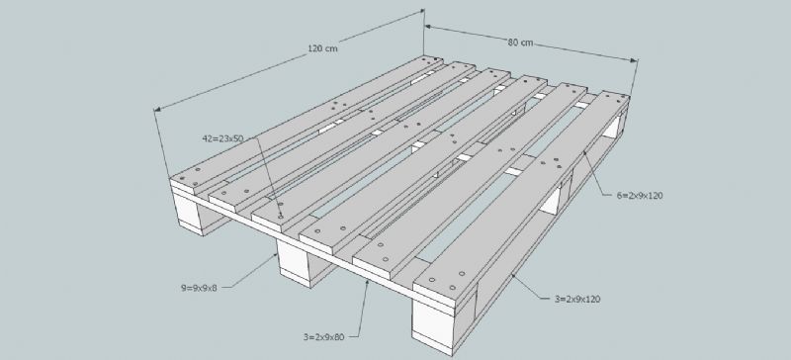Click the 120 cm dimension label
[322, 49]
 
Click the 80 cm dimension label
[520, 43]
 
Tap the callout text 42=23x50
[222, 137]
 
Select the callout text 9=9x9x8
[199, 289]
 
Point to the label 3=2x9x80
[323, 337]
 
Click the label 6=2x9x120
[639, 196]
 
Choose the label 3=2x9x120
[577, 299]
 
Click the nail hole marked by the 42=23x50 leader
[281, 217]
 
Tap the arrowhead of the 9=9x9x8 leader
[276, 255]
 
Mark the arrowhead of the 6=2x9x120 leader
[584, 152]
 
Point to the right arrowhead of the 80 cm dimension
[636, 60]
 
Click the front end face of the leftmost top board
[183, 185]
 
